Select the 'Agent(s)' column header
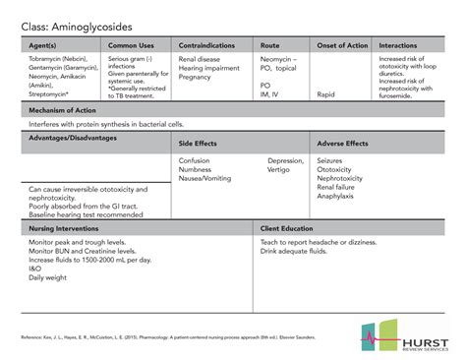pyautogui.click(x=44, y=45)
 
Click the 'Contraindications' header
pyautogui.click(x=206, y=45)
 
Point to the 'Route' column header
pyautogui.click(x=269, y=45)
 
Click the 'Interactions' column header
pyautogui.click(x=398, y=45)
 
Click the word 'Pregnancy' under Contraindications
pyautogui.click(x=196, y=77)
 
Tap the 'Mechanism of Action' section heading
pyautogui.click(x=65, y=111)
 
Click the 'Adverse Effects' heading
pyautogui.click(x=343, y=144)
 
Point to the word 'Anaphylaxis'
pyautogui.click(x=336, y=197)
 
